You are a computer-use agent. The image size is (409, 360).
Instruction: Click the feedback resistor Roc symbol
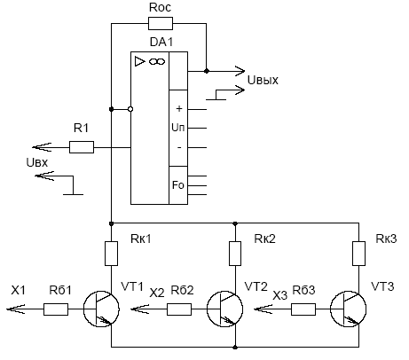click(x=161, y=24)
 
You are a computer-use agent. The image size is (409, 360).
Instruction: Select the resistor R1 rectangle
click(x=82, y=147)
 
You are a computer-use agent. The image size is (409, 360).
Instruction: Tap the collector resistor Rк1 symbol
click(x=112, y=254)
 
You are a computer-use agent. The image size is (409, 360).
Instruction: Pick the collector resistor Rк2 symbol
click(x=235, y=254)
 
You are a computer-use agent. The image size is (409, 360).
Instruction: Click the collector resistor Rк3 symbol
click(x=358, y=254)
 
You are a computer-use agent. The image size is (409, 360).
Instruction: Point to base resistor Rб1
click(x=56, y=309)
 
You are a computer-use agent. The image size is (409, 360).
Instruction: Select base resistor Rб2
click(x=179, y=309)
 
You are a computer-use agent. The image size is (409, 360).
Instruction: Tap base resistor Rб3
click(x=303, y=309)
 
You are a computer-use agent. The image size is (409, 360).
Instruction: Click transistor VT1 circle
click(x=83, y=309)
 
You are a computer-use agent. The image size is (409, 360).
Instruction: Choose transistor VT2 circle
click(x=207, y=309)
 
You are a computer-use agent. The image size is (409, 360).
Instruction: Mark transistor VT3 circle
click(x=331, y=309)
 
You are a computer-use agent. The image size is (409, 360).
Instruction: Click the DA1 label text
click(x=161, y=42)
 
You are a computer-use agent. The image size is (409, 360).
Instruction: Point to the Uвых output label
click(x=263, y=80)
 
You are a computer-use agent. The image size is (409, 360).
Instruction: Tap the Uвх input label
click(x=37, y=162)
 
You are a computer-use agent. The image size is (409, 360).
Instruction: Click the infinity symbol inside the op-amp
click(x=157, y=61)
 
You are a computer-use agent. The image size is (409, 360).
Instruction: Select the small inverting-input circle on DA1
click(x=130, y=109)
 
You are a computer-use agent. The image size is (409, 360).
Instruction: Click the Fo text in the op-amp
click(x=178, y=185)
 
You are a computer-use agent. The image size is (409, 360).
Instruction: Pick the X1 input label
click(x=18, y=290)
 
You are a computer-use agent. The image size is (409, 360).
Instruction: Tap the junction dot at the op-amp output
click(x=207, y=71)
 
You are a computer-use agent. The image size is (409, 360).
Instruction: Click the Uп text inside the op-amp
click(x=178, y=128)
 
